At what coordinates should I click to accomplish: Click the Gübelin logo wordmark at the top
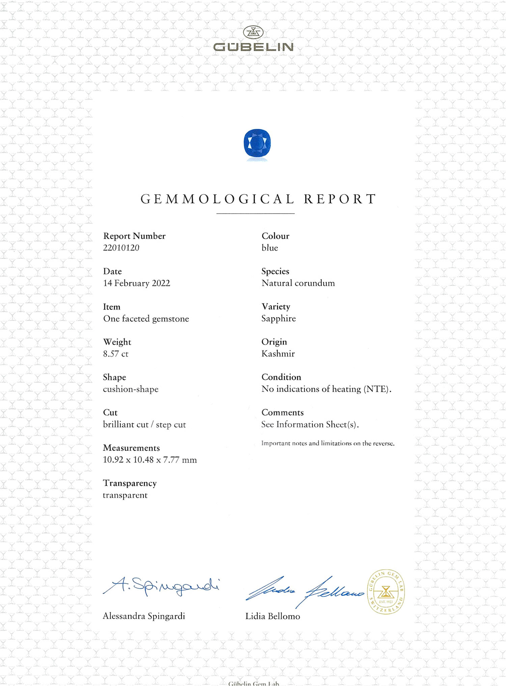tap(253, 47)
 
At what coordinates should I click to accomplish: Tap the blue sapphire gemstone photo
tap(257, 143)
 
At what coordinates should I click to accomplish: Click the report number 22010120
tap(121, 248)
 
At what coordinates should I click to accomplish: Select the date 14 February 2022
tap(137, 283)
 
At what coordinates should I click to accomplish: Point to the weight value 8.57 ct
tap(116, 354)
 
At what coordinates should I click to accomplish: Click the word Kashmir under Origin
tap(278, 354)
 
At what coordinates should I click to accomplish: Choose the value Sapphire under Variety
tap(279, 318)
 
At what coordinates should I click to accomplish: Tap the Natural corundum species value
tap(298, 283)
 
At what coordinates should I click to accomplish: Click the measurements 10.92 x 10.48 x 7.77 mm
tap(150, 460)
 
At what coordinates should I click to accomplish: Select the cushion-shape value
tap(131, 389)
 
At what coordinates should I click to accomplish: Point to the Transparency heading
tap(130, 483)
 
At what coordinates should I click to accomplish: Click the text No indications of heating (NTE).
tap(326, 389)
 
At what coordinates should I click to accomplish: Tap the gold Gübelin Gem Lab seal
tap(386, 592)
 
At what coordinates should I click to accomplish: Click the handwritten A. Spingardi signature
tap(161, 586)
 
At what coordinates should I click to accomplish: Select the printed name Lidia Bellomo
tap(273, 617)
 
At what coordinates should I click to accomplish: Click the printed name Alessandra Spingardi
tap(144, 616)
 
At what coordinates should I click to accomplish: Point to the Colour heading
tap(275, 236)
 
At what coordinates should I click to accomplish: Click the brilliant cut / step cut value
tap(144, 425)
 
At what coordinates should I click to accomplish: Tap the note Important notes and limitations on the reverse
tap(328, 444)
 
